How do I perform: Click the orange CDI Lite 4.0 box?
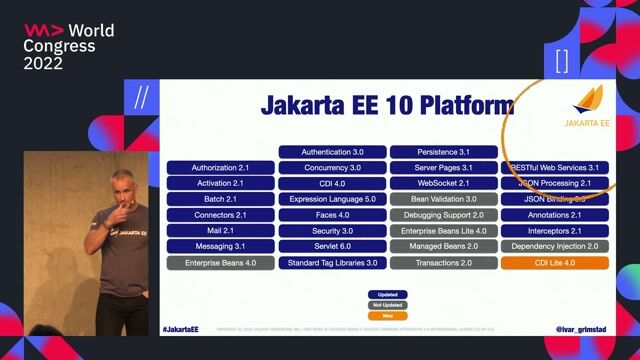coord(554,263)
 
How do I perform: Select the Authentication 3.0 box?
coord(332,152)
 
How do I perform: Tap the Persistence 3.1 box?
coord(443,152)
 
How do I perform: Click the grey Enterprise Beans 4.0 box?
coord(220,263)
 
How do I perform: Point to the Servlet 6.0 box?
coord(332,247)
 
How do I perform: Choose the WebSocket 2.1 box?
coord(443,184)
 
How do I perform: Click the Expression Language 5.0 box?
coord(332,200)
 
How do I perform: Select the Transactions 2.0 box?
coord(443,263)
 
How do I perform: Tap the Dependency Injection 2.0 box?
coord(554,247)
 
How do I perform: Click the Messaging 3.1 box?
coord(220,247)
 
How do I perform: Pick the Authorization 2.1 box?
coord(220,168)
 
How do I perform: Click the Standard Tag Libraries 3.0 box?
coord(332,263)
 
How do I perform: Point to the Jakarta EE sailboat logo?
coord(587,101)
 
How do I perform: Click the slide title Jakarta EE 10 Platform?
coord(387,105)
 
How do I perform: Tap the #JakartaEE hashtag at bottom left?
coord(180,328)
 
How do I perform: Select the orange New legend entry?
coord(386,315)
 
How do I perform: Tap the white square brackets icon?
coord(561,60)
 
